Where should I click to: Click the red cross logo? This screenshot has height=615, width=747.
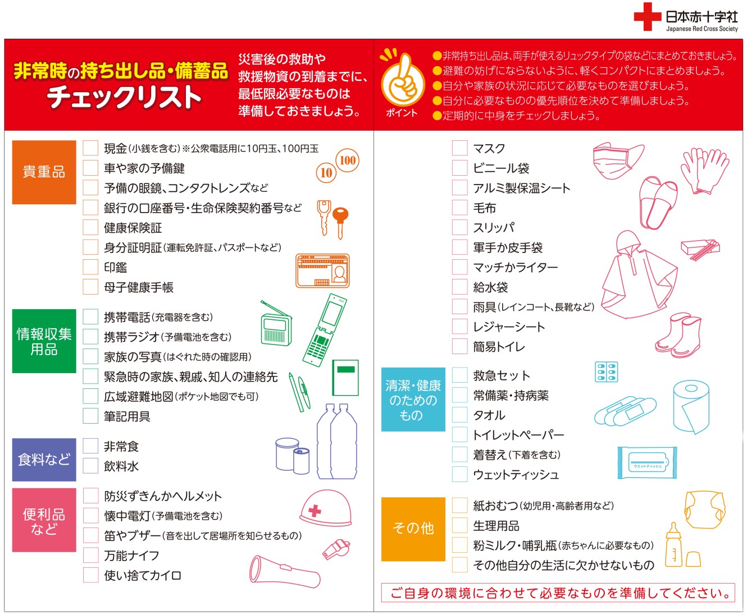click(647, 17)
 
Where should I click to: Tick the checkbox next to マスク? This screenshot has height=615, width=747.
click(460, 148)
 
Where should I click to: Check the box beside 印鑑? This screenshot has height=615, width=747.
click(90, 267)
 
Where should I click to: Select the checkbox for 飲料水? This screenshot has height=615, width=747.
click(90, 466)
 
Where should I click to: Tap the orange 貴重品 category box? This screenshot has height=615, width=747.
click(44, 172)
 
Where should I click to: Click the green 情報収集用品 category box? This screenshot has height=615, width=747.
click(44, 341)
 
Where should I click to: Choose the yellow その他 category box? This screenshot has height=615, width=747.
click(413, 529)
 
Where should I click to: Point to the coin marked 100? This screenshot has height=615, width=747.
click(348, 160)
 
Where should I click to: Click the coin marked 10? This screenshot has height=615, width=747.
click(326, 173)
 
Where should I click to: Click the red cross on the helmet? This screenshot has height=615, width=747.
click(315, 511)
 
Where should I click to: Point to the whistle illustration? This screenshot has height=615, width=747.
click(336, 549)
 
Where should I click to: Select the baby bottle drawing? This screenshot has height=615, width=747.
click(673, 545)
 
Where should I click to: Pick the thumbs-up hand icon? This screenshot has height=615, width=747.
click(403, 80)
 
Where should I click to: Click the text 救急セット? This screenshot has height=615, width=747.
click(502, 375)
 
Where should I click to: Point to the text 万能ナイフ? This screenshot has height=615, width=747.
click(131, 556)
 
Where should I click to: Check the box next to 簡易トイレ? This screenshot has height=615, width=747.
click(460, 346)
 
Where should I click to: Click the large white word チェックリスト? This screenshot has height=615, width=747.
click(124, 97)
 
